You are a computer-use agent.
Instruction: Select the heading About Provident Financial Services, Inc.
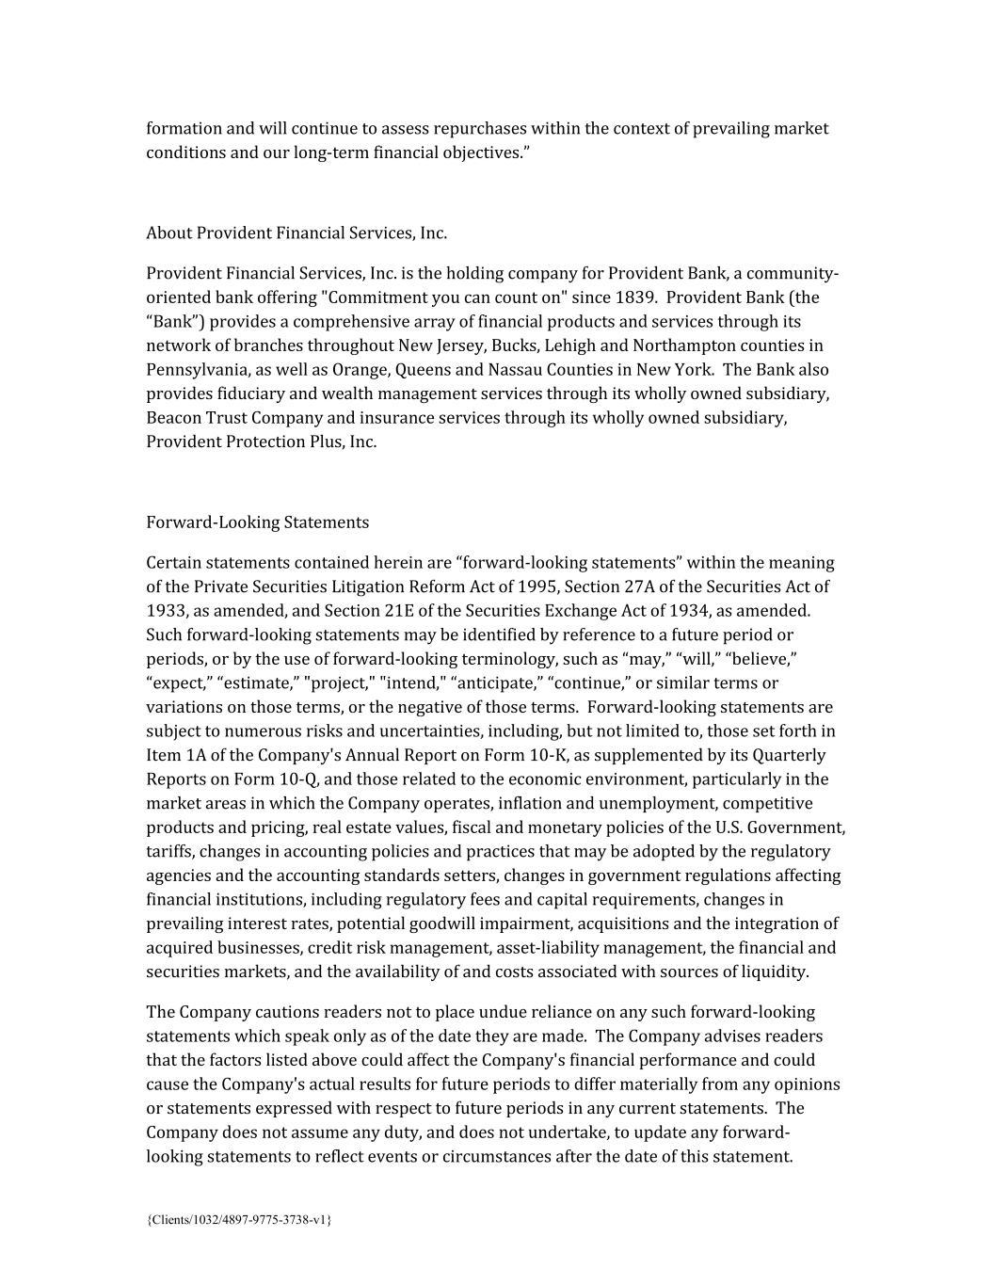coord(296,233)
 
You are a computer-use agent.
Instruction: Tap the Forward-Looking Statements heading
coord(257,522)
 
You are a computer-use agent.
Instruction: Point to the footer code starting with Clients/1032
coord(239,1220)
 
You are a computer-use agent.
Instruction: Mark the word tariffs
coord(168,852)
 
